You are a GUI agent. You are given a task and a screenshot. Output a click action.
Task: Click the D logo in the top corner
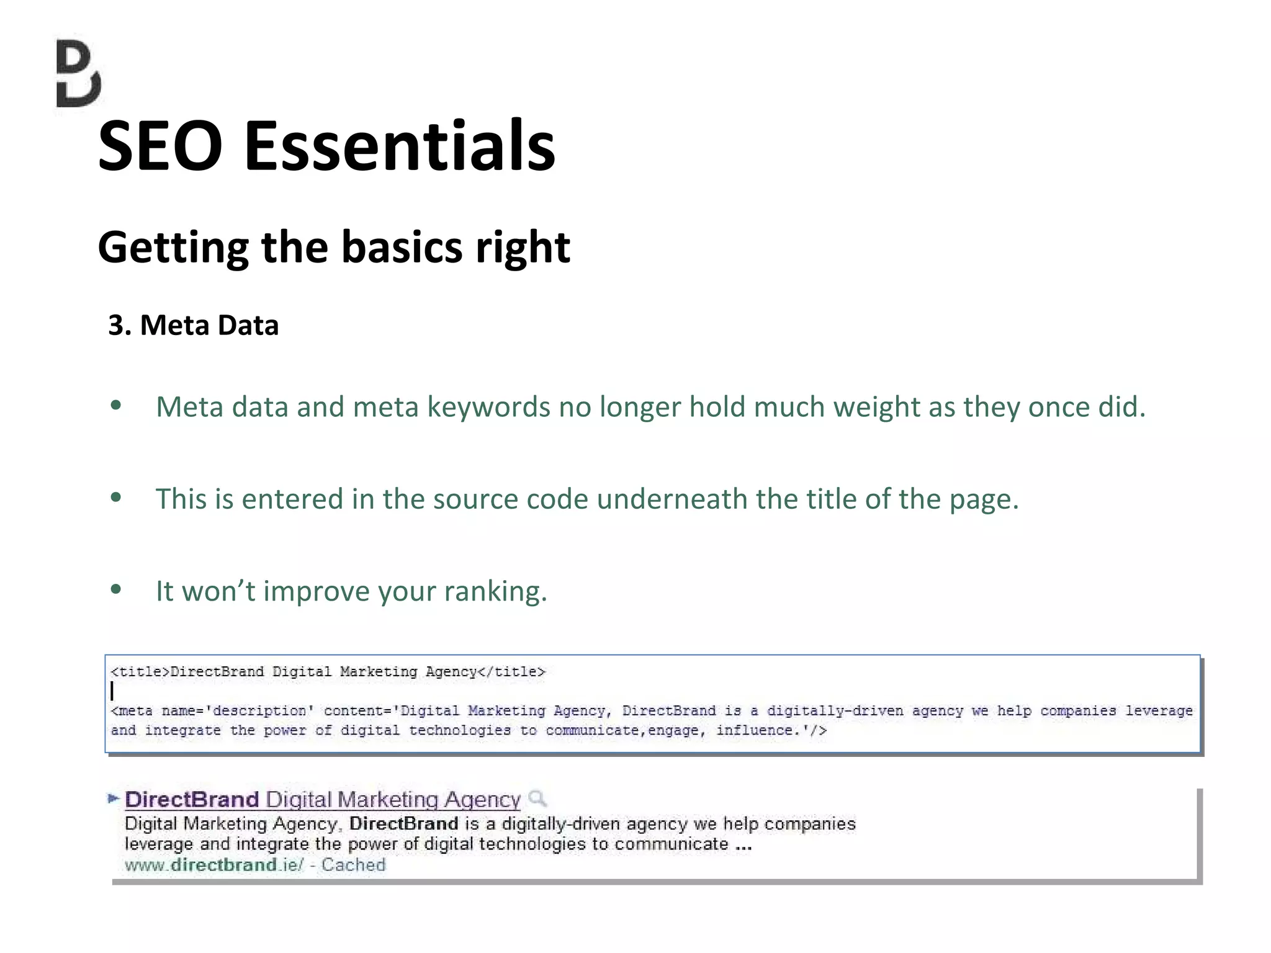[78, 73]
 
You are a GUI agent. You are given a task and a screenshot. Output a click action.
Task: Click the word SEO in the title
[160, 146]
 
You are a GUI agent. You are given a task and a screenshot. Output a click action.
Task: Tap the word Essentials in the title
[400, 146]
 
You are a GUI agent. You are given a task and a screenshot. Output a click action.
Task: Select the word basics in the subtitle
[402, 247]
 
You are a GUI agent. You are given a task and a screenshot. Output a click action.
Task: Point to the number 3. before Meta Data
[119, 325]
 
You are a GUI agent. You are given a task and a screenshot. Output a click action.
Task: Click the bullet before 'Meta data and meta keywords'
[115, 406]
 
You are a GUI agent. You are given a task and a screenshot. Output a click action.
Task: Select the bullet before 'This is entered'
[115, 498]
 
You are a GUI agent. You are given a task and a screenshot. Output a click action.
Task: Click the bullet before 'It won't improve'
[115, 589]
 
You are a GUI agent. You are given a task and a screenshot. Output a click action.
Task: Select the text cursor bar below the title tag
[112, 691]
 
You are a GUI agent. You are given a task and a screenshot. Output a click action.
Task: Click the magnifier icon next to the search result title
[537, 798]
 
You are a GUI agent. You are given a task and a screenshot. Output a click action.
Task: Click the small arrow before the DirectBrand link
[113, 798]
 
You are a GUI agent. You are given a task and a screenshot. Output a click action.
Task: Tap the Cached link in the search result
[353, 865]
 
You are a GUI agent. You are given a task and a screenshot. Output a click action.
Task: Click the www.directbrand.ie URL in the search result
[214, 865]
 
